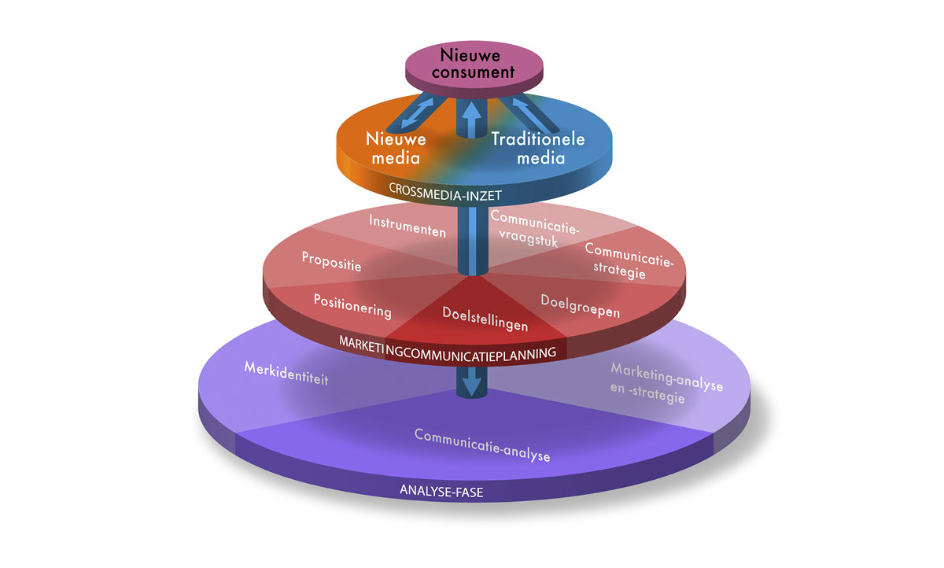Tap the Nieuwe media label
[x=396, y=148]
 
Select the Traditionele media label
[x=538, y=148]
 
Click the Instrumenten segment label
[x=407, y=226]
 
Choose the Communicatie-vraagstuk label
[x=535, y=228]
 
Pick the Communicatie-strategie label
[x=628, y=260]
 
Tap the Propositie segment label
[x=331, y=261]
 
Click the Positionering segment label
[x=352, y=305]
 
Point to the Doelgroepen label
[x=581, y=306]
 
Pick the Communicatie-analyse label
[x=481, y=444]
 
